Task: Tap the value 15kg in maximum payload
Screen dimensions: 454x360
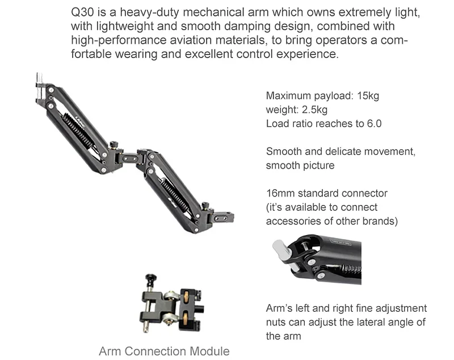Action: click(x=368, y=96)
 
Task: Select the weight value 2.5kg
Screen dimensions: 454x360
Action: click(x=315, y=110)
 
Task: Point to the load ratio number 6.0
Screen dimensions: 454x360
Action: click(x=375, y=124)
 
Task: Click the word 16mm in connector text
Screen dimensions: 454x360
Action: click(x=280, y=193)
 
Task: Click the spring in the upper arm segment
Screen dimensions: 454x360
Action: click(x=78, y=129)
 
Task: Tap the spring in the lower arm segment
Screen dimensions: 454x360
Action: click(x=175, y=194)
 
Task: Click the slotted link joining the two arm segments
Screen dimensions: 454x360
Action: click(x=129, y=157)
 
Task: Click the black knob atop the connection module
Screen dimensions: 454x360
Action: click(x=150, y=279)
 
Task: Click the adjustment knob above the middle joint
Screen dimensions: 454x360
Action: click(x=113, y=144)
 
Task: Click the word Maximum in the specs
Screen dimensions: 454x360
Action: click(x=288, y=96)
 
